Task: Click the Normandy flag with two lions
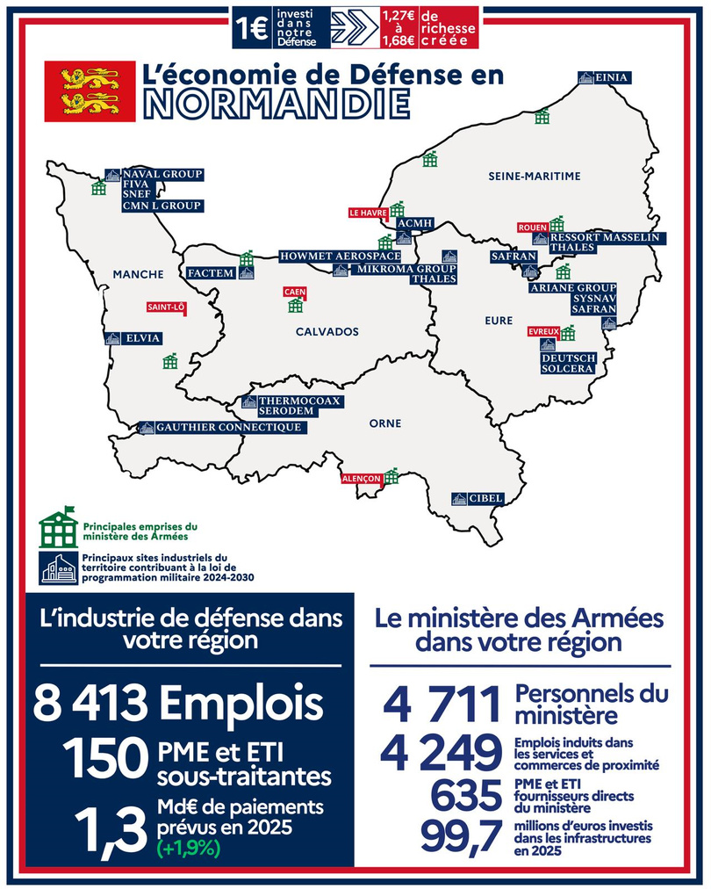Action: (x=90, y=90)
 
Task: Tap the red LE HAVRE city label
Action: (x=369, y=213)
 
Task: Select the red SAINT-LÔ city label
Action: (x=165, y=307)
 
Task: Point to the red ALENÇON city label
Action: (x=362, y=479)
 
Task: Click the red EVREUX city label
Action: (x=544, y=331)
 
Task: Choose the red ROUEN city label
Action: (x=533, y=227)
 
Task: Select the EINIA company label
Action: (x=611, y=77)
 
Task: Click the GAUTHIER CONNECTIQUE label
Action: (x=228, y=428)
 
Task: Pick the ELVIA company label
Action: (x=142, y=337)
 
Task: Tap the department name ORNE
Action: (x=384, y=423)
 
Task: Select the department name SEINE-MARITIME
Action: (x=535, y=177)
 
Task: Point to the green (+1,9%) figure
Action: (x=189, y=849)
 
